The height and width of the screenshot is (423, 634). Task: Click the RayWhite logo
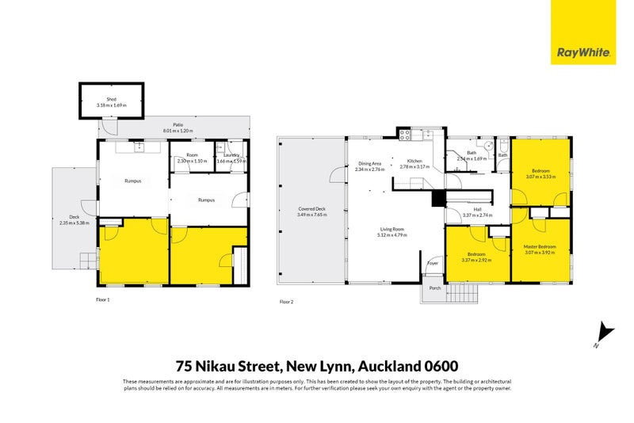(583, 32)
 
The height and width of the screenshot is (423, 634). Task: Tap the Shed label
(112, 99)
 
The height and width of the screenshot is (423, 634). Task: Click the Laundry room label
(231, 155)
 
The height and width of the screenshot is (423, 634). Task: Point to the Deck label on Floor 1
(74, 217)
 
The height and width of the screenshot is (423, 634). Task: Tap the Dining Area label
(369, 163)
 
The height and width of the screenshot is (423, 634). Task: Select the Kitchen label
(414, 162)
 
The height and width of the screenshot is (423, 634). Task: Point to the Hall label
(477, 209)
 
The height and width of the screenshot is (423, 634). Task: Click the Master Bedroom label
(540, 246)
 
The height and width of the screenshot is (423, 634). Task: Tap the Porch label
(434, 288)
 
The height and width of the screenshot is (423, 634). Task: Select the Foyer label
(433, 263)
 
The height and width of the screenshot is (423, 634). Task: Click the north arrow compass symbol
(605, 333)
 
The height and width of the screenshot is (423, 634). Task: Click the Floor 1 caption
(102, 299)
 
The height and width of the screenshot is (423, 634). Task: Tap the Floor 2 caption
(287, 302)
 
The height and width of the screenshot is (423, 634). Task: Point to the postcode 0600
(441, 366)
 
